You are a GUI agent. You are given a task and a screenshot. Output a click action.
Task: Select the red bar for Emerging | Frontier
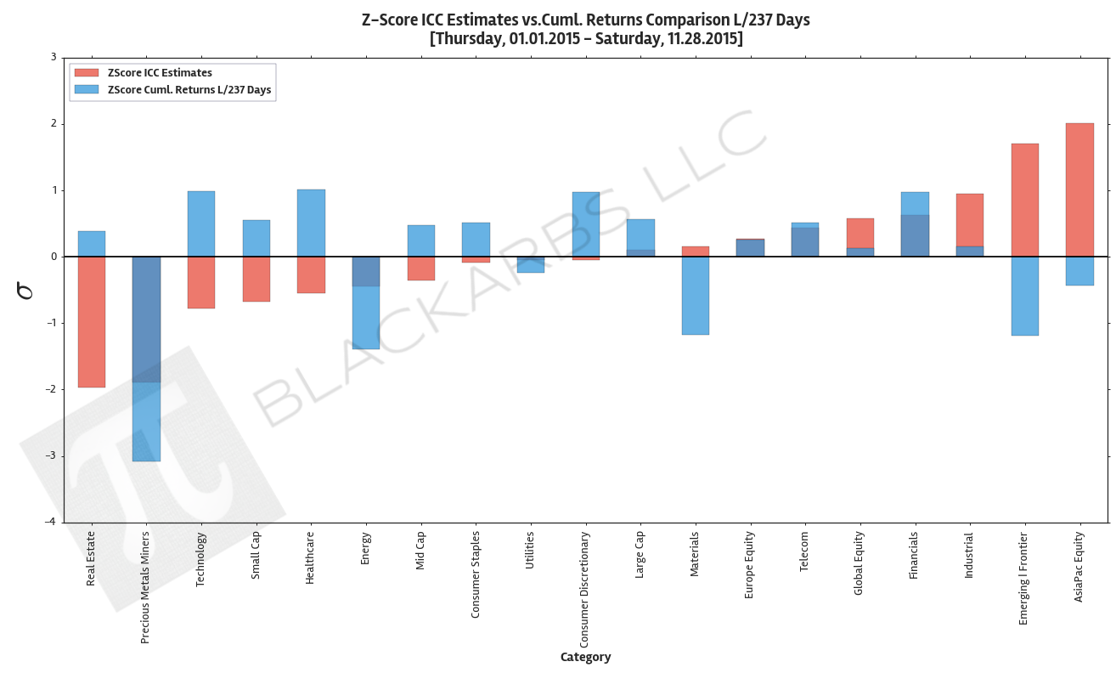coord(1024,200)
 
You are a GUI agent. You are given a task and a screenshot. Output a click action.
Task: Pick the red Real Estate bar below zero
coord(92,322)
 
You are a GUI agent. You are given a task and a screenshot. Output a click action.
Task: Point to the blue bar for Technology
coord(201,223)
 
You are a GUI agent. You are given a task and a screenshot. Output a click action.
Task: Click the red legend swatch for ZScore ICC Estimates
coord(87,73)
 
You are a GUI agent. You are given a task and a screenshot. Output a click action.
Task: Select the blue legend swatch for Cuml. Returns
coord(87,89)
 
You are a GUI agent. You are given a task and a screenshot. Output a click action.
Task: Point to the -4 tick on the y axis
coord(52,523)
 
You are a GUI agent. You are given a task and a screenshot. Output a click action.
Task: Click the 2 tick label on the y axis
coord(53,124)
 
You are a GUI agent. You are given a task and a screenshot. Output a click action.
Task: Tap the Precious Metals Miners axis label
coord(145,586)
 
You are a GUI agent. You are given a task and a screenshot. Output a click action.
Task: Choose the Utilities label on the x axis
coord(530,551)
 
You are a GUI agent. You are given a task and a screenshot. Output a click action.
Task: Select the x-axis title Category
coord(585,657)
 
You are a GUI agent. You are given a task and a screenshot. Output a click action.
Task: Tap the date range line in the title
coord(585,39)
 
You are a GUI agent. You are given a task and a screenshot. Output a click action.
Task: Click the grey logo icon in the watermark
coord(153,476)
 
